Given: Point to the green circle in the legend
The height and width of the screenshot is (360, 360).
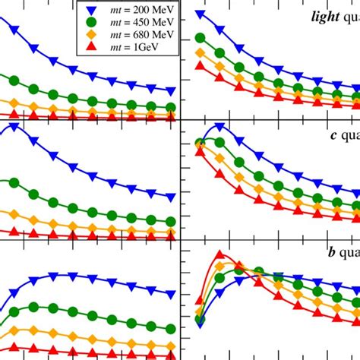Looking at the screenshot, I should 92,24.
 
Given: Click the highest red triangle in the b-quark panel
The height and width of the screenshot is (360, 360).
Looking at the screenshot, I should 219,256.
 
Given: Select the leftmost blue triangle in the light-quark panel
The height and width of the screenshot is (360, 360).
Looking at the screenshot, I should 201,15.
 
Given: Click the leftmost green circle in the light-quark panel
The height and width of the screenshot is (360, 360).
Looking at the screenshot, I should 201,37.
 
